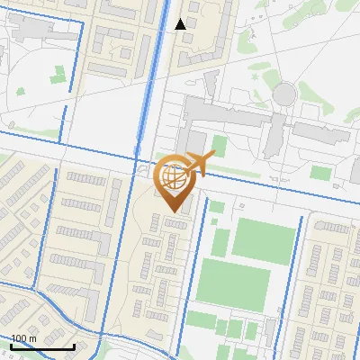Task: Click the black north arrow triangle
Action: (x=181, y=23)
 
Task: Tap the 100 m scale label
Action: (x=24, y=338)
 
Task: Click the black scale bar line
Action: (x=42, y=346)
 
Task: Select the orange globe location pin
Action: (x=175, y=183)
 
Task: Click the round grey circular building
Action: (x=284, y=93)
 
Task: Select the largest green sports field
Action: (x=233, y=282)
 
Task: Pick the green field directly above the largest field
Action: (x=264, y=240)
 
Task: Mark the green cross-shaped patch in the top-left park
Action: (x=58, y=76)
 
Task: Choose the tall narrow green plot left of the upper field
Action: (x=217, y=234)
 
